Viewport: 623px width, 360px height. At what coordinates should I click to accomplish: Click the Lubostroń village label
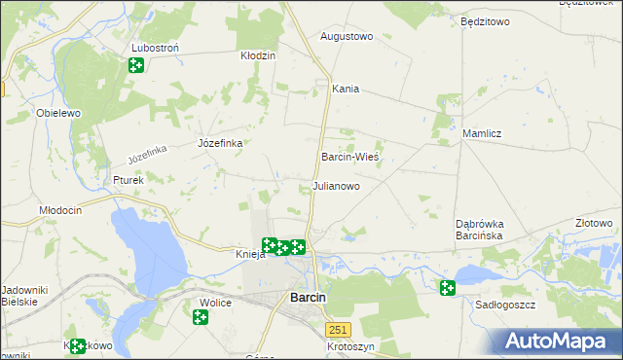pyautogui.click(x=160, y=48)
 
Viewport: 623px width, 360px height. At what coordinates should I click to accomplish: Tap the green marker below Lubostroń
pyautogui.click(x=136, y=65)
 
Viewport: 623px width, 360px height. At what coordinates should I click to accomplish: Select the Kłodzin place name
pyautogui.click(x=258, y=55)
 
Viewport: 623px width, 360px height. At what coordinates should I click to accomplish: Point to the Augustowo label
pyautogui.click(x=347, y=36)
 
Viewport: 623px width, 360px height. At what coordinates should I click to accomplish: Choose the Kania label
pyautogui.click(x=346, y=89)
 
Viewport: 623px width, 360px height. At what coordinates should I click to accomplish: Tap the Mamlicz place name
pyautogui.click(x=481, y=133)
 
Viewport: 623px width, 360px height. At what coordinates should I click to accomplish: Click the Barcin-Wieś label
pyautogui.click(x=349, y=156)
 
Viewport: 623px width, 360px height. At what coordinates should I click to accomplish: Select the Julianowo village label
pyautogui.click(x=336, y=185)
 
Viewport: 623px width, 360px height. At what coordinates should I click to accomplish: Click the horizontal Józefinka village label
pyautogui.click(x=220, y=143)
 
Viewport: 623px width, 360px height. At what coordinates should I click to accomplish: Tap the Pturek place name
pyautogui.click(x=128, y=180)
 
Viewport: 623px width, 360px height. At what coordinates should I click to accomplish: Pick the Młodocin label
pyautogui.click(x=59, y=210)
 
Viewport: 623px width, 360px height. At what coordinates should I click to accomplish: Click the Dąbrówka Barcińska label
pyautogui.click(x=478, y=230)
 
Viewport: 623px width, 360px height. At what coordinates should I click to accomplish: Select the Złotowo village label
pyautogui.click(x=594, y=223)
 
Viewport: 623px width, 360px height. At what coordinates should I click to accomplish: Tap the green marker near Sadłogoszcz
pyautogui.click(x=447, y=288)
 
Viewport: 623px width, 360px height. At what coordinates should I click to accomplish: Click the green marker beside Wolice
pyautogui.click(x=201, y=317)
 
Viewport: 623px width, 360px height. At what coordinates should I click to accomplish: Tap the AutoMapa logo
pyautogui.click(x=559, y=342)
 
